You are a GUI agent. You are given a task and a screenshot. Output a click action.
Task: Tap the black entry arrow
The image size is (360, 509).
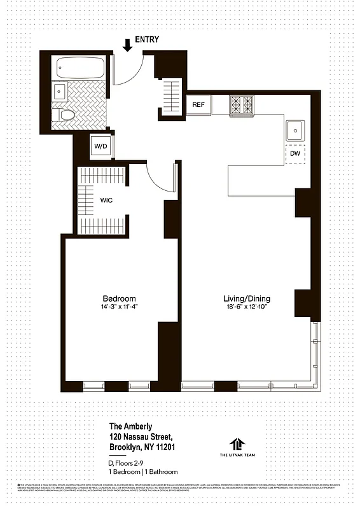pyautogui.click(x=127, y=45)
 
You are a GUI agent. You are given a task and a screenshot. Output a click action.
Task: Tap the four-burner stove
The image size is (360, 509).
pyautogui.click(x=242, y=104)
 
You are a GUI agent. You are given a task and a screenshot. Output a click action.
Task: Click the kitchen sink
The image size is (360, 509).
pyautogui.click(x=295, y=130)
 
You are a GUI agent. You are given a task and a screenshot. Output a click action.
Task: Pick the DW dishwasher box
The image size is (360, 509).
pyautogui.click(x=295, y=154)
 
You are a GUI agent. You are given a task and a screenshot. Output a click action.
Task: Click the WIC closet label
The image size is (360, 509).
pyautogui.click(x=106, y=200)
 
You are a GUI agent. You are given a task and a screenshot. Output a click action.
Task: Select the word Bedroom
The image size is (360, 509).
pyautogui.click(x=119, y=298)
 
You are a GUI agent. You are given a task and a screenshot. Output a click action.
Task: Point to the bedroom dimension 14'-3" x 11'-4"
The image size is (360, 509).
pyautogui.click(x=119, y=307)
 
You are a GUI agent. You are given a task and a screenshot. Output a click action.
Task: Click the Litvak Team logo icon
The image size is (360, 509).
pyautogui.click(x=239, y=443)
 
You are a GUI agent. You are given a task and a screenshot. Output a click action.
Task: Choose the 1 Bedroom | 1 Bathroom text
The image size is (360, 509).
pyautogui.click(x=143, y=472)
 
